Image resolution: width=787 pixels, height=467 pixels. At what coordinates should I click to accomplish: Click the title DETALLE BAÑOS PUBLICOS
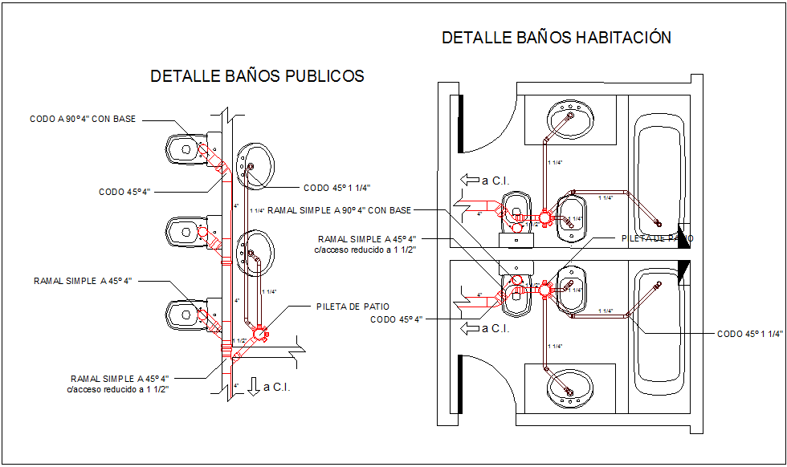(x=257, y=76)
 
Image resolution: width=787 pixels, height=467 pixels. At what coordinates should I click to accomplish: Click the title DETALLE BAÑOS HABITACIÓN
(x=557, y=38)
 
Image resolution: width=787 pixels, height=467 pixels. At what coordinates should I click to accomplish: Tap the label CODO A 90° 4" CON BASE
(x=83, y=119)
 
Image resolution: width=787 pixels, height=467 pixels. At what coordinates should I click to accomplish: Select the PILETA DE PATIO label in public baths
(x=353, y=307)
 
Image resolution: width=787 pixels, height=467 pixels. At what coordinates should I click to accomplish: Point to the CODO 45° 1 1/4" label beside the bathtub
(x=749, y=334)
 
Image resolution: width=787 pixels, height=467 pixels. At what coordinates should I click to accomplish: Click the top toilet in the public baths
(x=184, y=148)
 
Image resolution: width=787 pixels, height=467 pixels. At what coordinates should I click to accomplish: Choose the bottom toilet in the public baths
(x=184, y=315)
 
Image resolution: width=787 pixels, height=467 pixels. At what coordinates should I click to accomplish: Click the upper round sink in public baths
(x=255, y=165)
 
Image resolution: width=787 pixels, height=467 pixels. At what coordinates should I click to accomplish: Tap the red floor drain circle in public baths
(x=259, y=333)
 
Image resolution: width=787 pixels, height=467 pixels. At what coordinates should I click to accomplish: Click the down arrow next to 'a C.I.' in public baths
(x=254, y=387)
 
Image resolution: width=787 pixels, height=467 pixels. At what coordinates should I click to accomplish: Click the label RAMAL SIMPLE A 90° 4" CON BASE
(x=339, y=210)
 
